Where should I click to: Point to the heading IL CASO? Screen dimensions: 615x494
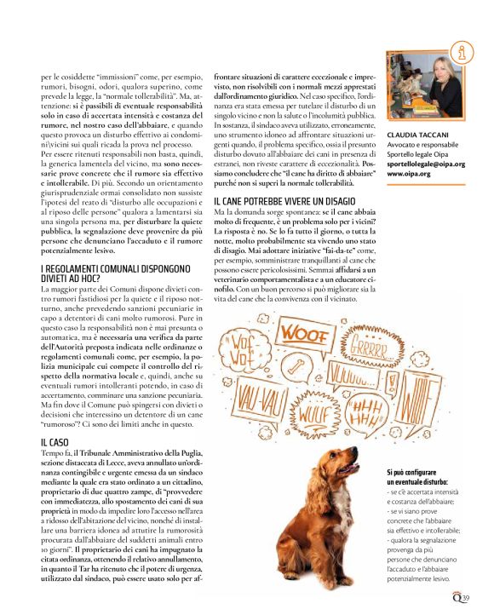coord(55,443)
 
